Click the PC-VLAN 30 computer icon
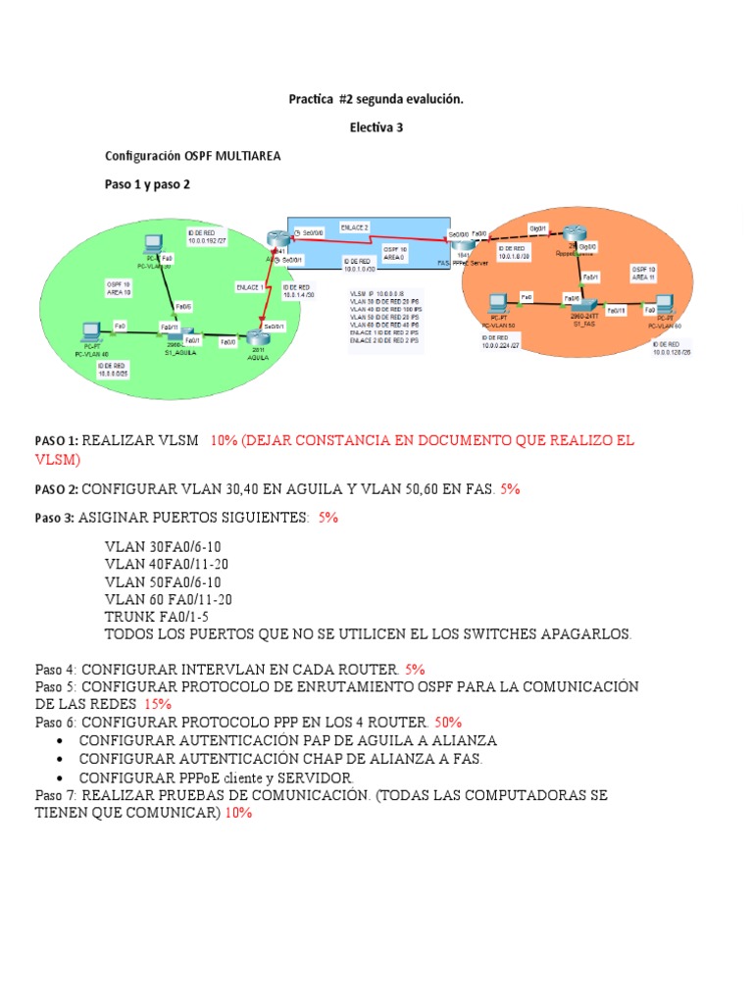point(153,245)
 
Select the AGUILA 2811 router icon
point(261,338)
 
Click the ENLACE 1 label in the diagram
point(249,286)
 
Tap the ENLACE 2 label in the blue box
point(354,226)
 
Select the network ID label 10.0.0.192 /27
point(209,235)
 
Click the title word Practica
point(312,99)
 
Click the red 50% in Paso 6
point(448,722)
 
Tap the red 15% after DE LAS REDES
point(157,704)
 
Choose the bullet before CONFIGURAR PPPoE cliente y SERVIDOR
point(62,778)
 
